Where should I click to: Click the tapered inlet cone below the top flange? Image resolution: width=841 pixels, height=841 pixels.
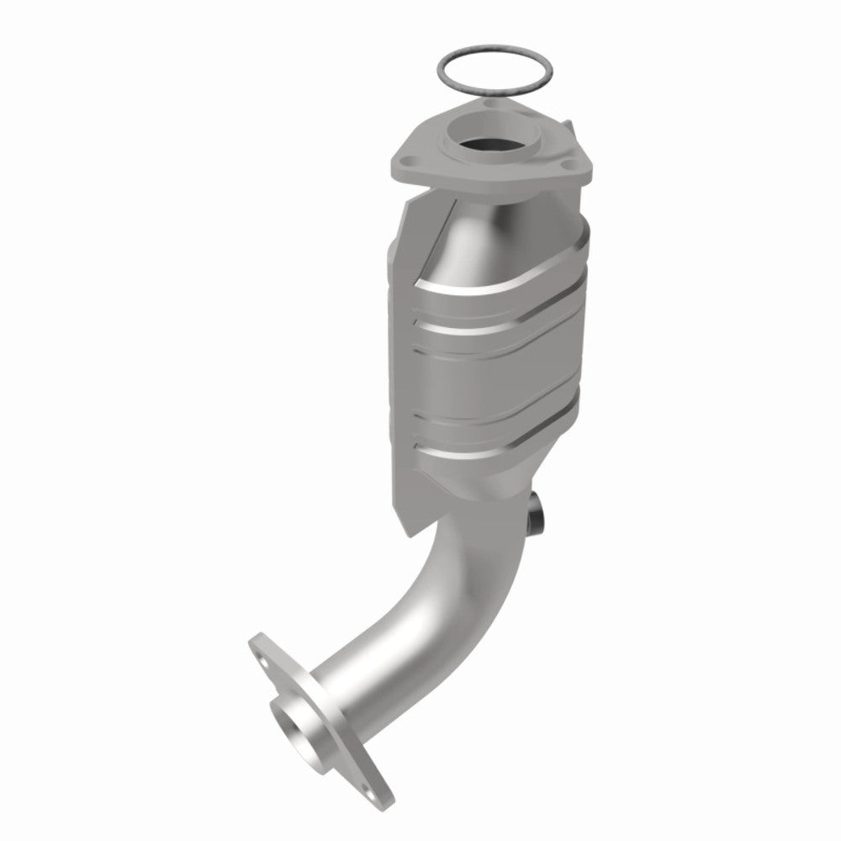[x=479, y=227]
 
